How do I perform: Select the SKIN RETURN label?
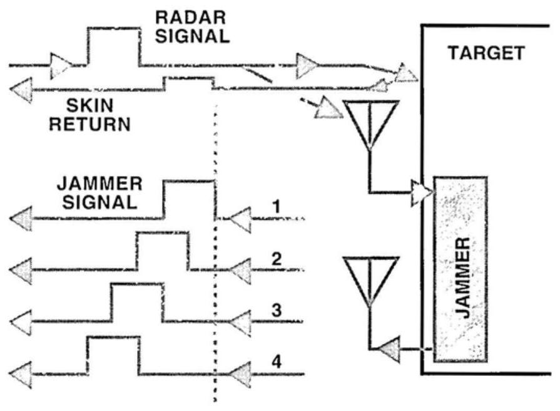(91, 114)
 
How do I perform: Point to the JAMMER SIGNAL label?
(101, 194)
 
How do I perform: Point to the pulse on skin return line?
(188, 83)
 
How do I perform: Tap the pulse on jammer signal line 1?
(188, 199)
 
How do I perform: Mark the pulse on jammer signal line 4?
(113, 355)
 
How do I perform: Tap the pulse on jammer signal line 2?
(162, 251)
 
